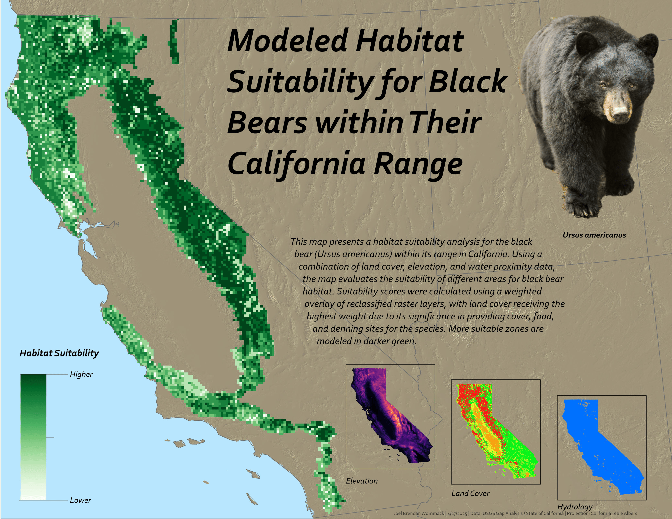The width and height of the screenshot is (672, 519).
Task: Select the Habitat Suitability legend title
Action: pos(59,353)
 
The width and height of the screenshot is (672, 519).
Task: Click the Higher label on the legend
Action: pos(81,374)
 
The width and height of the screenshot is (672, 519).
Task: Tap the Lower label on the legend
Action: pos(80,500)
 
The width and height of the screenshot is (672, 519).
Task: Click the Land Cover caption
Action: pos(470,493)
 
